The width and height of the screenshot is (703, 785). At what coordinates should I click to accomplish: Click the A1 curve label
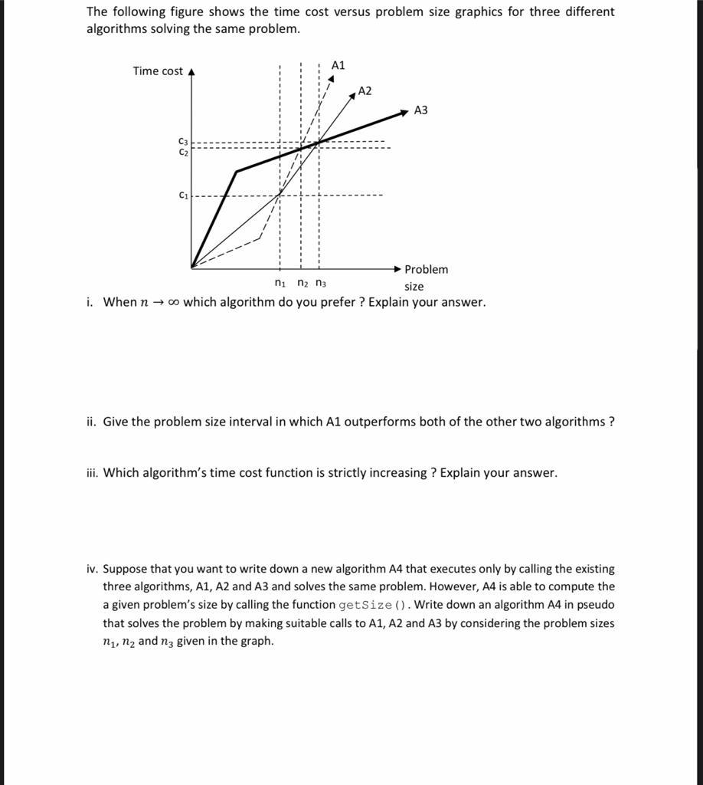tap(338, 65)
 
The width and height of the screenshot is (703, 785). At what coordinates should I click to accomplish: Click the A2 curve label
tap(365, 91)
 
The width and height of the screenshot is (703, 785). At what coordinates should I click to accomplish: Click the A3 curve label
tap(420, 110)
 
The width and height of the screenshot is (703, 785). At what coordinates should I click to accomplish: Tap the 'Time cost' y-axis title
tap(158, 71)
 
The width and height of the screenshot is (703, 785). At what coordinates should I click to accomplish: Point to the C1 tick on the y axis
tap(184, 195)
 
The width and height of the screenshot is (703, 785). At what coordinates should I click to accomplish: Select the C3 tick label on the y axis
tap(183, 142)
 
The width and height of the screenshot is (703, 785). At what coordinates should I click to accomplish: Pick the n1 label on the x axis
tap(280, 284)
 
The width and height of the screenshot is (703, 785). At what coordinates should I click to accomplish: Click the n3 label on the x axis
tap(320, 284)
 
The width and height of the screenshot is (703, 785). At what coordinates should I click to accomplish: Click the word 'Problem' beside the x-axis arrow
tap(426, 270)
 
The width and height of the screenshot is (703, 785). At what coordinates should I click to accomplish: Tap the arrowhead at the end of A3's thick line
tap(404, 113)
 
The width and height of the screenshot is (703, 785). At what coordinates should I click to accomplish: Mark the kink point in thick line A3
tap(236, 172)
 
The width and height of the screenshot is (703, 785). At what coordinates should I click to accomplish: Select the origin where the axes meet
tap(191, 268)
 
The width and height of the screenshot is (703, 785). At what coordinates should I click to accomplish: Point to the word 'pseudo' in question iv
tap(597, 605)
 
